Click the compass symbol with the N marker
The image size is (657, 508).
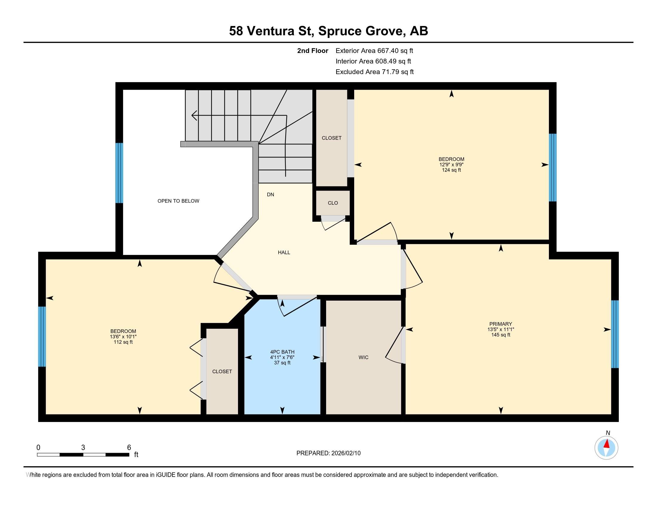606,448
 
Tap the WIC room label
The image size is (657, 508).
363,357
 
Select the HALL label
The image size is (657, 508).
284,253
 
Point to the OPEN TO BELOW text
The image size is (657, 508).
178,201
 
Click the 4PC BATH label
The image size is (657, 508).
282,352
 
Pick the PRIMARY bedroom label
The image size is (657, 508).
501,324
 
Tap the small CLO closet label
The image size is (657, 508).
333,203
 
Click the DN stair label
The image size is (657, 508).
271,195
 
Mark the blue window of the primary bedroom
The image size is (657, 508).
615,334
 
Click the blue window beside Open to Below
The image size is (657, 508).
119,173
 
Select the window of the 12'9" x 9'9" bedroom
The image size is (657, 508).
552,167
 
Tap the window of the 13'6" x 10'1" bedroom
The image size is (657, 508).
42,336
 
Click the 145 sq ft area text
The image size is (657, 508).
501,335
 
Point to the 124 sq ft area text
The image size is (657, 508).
451,170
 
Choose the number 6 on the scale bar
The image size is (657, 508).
129,447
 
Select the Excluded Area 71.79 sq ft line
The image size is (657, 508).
374,72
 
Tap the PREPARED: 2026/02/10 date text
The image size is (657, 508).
328,453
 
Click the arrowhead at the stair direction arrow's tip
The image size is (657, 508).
194,115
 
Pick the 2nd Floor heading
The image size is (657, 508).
313,51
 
